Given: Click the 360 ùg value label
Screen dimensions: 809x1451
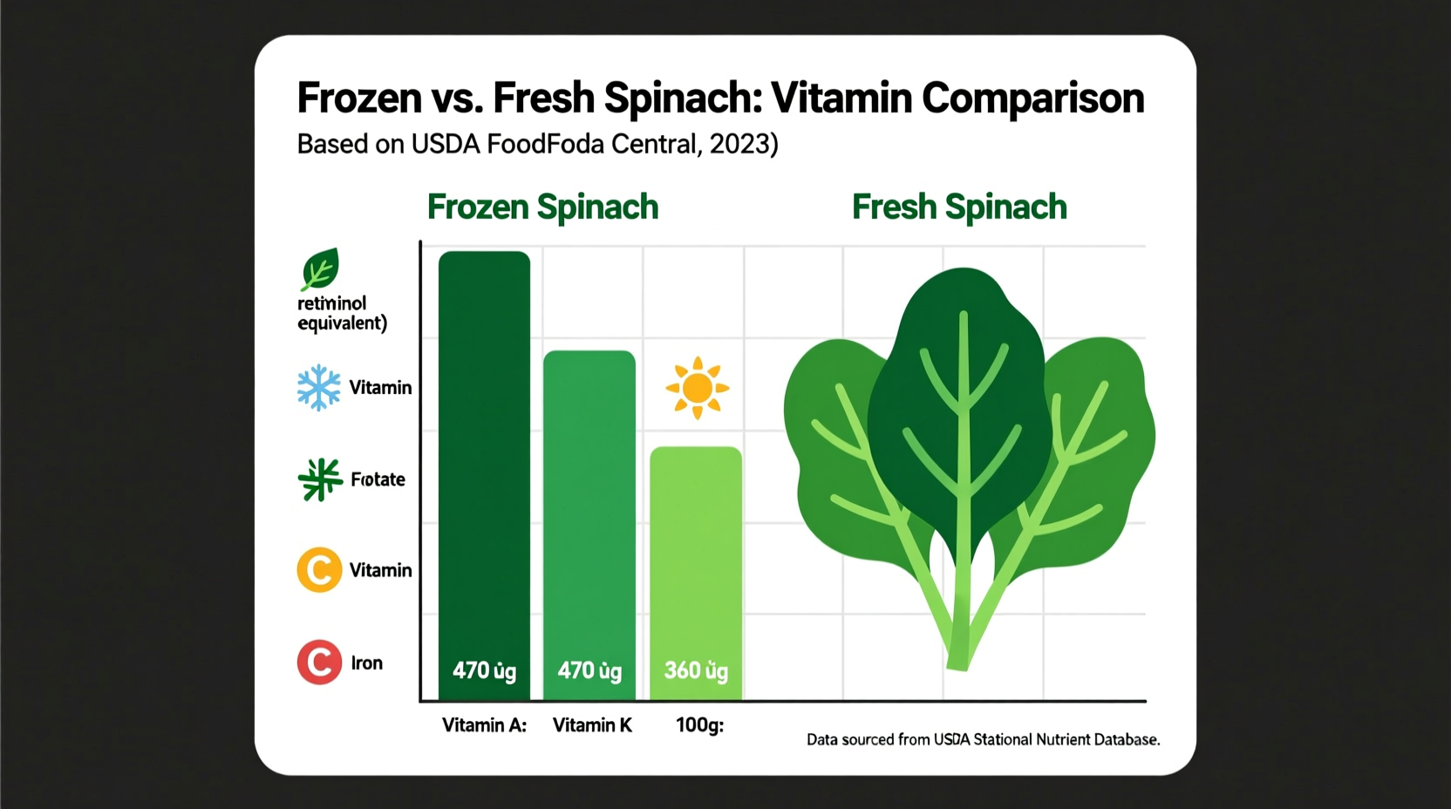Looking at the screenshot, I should tap(696, 670).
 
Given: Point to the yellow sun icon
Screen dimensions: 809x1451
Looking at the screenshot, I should tap(697, 388).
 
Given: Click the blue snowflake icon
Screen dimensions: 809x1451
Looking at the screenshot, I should tap(319, 387).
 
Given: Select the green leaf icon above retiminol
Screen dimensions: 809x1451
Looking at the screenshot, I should tap(320, 269).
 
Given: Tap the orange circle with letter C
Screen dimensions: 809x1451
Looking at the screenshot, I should tap(319, 570).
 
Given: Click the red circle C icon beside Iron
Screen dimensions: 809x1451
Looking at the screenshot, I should tap(319, 663).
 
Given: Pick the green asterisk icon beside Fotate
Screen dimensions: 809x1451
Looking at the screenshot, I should tap(320, 479).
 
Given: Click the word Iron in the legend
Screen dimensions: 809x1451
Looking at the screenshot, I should tap(366, 663).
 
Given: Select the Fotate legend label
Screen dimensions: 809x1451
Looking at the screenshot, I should tap(378, 479).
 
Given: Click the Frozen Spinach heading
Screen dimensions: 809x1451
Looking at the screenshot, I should tap(542, 207).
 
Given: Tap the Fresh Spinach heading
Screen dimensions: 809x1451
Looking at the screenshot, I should tap(959, 207).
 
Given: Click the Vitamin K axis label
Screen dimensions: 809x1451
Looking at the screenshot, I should tap(592, 725).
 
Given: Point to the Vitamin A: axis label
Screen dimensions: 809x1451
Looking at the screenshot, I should tap(484, 725).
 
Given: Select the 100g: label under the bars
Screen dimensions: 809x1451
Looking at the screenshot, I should tap(699, 725).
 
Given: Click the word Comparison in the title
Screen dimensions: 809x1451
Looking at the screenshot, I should tap(1032, 98).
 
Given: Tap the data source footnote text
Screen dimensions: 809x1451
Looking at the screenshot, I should tap(983, 740).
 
